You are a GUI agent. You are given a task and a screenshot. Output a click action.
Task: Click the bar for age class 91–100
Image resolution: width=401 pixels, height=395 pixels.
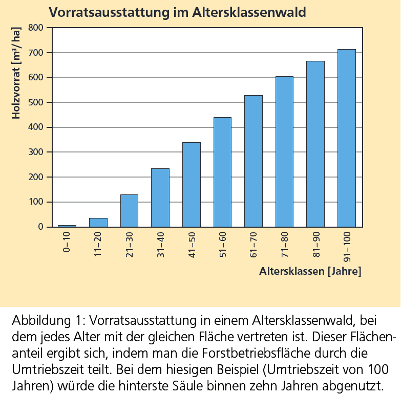(x=346, y=138)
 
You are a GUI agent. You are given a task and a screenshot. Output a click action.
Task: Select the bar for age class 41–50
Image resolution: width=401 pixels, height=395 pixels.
(x=191, y=185)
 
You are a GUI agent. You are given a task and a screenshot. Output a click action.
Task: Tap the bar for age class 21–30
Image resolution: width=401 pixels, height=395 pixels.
(x=129, y=211)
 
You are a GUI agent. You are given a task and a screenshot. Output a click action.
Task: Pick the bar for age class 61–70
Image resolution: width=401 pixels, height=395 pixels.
(x=253, y=161)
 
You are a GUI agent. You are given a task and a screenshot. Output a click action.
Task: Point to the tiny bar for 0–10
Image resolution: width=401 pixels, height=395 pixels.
(x=67, y=226)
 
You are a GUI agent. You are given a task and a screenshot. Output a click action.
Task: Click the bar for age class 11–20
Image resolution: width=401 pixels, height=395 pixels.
(x=98, y=223)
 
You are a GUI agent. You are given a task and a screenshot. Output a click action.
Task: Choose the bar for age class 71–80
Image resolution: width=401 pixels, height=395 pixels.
(x=284, y=151)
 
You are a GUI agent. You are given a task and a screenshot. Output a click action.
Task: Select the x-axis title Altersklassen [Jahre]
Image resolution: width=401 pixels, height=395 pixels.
(x=310, y=271)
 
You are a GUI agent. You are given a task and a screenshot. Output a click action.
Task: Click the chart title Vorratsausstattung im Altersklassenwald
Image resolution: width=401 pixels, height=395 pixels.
(x=177, y=11)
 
